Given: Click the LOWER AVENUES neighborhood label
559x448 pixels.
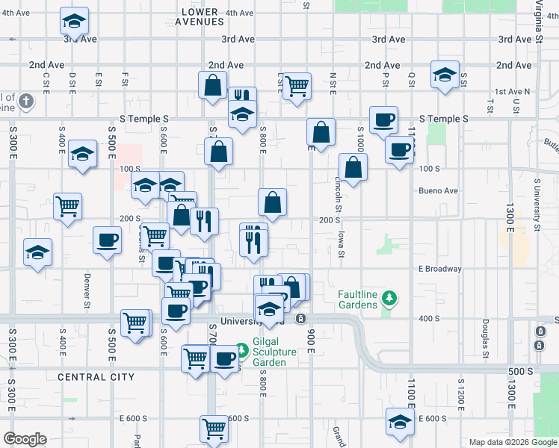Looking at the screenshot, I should [200, 16].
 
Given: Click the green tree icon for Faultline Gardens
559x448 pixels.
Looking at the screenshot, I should [388, 299].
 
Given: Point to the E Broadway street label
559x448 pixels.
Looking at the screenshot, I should [440, 269].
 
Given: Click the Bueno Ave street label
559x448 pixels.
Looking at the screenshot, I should [440, 191].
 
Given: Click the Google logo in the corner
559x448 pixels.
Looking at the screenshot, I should [25, 439].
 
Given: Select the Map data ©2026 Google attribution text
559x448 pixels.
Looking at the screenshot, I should [512, 442].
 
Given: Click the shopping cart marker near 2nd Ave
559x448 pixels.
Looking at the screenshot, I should [297, 85].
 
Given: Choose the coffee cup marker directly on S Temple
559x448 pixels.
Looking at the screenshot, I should [383, 119].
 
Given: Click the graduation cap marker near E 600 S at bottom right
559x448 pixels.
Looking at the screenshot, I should [400, 422].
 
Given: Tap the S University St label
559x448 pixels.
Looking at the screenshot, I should [537, 204].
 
